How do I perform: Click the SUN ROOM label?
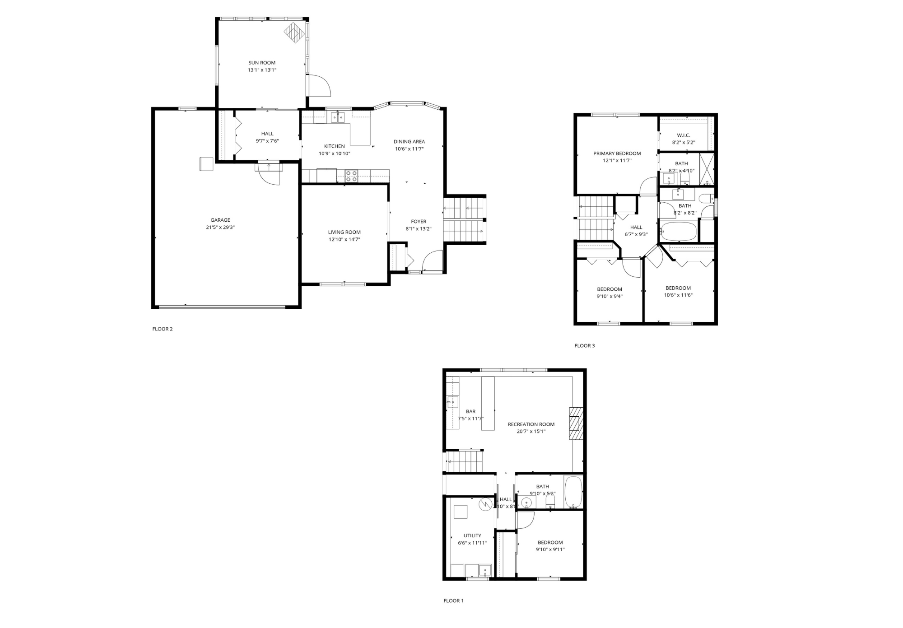click(x=261, y=63)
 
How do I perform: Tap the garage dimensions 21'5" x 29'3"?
click(x=220, y=228)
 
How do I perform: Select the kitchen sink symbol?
click(x=337, y=117)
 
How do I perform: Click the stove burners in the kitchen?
click(x=351, y=176)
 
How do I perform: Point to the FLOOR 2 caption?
click(x=163, y=329)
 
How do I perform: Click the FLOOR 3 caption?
click(x=585, y=346)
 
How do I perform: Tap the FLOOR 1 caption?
click(x=453, y=600)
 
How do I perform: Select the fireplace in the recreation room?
click(x=576, y=423)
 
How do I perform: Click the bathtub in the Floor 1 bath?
click(x=573, y=492)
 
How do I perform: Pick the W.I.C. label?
click(x=683, y=135)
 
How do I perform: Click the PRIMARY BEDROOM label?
click(x=617, y=154)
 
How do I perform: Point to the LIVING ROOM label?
click(x=344, y=232)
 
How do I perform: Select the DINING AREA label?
click(x=409, y=142)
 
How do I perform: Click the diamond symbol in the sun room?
click(x=294, y=33)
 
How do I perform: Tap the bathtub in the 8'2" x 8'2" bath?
click(x=678, y=231)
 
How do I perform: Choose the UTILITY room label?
click(x=472, y=535)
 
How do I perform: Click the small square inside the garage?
click(x=207, y=164)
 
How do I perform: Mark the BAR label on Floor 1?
click(x=470, y=411)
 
